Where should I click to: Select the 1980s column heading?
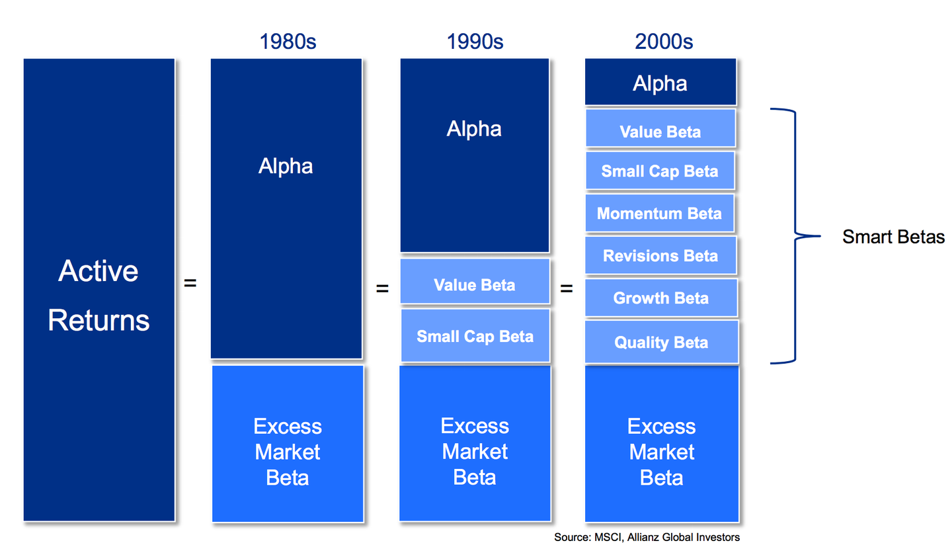288,42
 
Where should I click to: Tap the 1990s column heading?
475,42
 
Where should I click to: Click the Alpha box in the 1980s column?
286,208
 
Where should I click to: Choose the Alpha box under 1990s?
475,155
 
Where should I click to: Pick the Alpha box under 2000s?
660,83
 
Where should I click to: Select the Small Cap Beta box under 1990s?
475,336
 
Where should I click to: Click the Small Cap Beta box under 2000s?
660,171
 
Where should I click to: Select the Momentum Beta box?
660,214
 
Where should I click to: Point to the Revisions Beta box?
660,256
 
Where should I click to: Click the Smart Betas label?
893,237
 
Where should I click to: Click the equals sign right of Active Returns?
190,283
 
